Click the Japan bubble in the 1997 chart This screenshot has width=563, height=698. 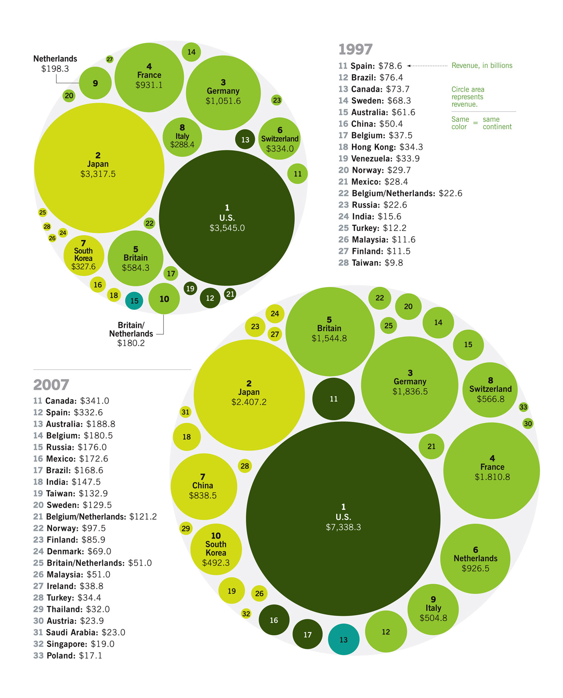tap(99, 168)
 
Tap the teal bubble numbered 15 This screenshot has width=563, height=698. tap(134, 301)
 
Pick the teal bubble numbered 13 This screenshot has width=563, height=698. tap(343, 639)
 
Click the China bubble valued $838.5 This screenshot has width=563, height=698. tap(203, 486)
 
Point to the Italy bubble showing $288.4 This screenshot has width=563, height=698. tap(182, 137)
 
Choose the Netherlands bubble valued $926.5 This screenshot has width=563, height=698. tap(475, 558)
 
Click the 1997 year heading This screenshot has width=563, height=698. tap(355, 49)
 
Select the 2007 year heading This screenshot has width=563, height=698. tap(51, 385)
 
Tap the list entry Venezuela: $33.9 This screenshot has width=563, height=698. tap(379, 159)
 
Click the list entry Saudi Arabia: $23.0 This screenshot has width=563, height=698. tap(79, 632)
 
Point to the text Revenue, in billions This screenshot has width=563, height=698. tap(482, 66)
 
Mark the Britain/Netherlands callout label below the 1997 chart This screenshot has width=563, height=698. tap(131, 334)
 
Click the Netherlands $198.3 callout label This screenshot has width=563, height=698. tap(55, 64)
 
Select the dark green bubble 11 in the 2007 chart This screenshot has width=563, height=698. tap(333, 399)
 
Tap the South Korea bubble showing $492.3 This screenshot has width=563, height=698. tap(216, 549)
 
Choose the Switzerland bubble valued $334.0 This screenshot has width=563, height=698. tap(279, 139)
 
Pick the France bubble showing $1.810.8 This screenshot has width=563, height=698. tap(491, 470)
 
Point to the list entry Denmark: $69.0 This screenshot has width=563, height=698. tap(72, 551)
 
